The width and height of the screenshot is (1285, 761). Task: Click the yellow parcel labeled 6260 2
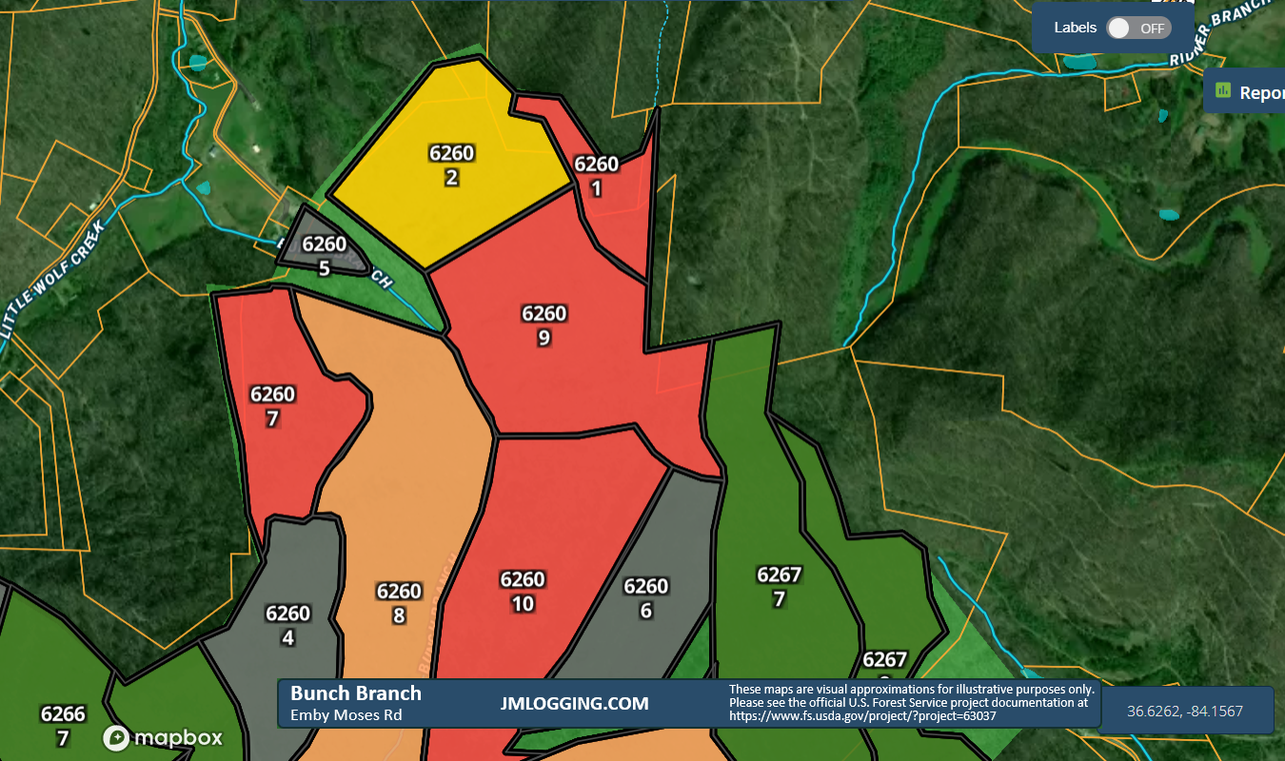coord(451,166)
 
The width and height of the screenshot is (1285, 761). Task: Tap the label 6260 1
coord(597,176)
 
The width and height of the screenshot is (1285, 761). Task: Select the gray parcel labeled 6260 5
coord(324,255)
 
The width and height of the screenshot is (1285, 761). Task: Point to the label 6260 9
coord(544,325)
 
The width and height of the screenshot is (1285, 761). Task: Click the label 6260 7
coord(272,406)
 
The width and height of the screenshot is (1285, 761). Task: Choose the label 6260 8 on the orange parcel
coord(399,603)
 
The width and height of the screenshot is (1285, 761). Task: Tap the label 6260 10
coord(523,592)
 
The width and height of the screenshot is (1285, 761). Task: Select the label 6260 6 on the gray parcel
coord(646,598)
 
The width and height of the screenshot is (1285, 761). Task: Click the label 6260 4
coord(288,626)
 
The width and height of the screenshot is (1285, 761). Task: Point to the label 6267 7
coord(780,586)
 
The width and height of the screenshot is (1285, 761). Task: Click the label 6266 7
coord(63,726)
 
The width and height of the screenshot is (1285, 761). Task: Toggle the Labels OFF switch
coord(1137,28)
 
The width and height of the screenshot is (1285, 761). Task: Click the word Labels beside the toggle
coord(1075,28)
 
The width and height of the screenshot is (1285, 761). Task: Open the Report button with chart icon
coord(1247,92)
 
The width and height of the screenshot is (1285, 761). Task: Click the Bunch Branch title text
coord(356,693)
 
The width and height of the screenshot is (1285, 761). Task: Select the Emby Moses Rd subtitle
coord(346,715)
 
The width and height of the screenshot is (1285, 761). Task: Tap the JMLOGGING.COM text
coord(574,704)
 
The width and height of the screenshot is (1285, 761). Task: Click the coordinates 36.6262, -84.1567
coord(1185,711)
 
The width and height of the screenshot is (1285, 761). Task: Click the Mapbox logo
coord(163,738)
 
